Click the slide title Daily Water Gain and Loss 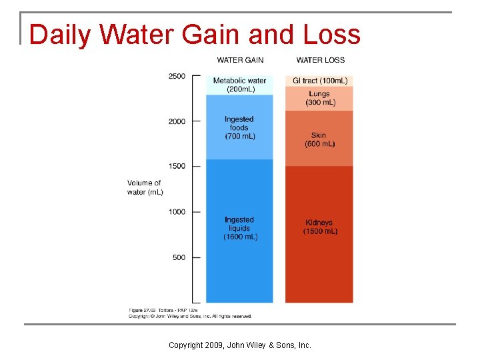click(195, 35)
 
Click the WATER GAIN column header click(239, 60)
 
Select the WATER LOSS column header click(321, 60)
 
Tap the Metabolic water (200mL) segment click(239, 85)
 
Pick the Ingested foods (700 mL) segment click(239, 127)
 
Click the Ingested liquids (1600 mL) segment click(239, 229)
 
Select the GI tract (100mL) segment click(319, 81)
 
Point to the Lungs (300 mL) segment click(319, 99)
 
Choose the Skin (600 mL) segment click(319, 139)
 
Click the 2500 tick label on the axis click(177, 76)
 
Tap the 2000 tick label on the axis click(177, 121)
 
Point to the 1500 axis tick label click(177, 166)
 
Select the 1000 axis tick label click(177, 212)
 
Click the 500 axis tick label click(179, 257)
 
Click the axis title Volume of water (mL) click(145, 187)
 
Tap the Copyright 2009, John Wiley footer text click(239, 345)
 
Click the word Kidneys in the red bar click(319, 223)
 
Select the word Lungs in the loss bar click(319, 95)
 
